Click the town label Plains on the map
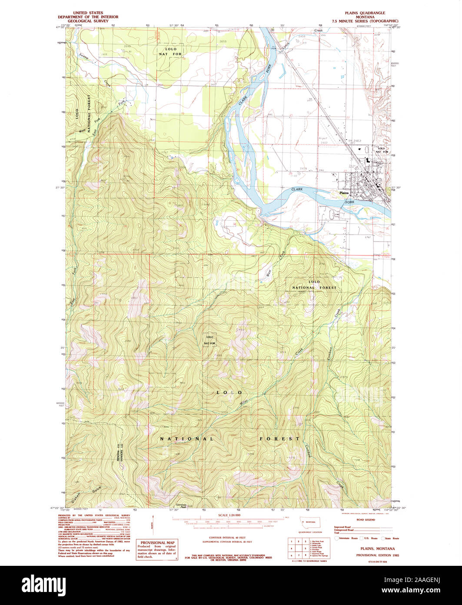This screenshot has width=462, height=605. pos(344,192)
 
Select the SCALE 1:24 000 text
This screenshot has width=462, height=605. pos(229,515)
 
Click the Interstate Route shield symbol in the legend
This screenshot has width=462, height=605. pos(336,538)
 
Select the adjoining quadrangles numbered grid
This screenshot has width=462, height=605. pos(297,549)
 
